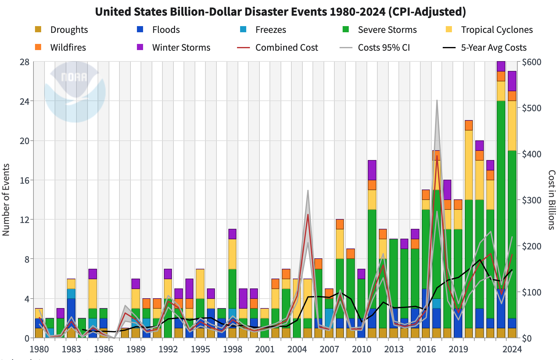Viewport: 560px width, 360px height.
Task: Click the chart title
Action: pyautogui.click(x=280, y=12)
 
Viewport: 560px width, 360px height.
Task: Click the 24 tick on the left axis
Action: pyautogui.click(x=25, y=101)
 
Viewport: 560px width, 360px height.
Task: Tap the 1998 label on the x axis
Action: pyautogui.click(x=232, y=349)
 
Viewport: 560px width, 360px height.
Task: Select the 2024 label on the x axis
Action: pyautogui.click(x=512, y=349)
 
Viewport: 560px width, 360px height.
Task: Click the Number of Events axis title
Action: pyautogui.click(x=6, y=200)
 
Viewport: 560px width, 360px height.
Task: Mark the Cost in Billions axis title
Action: pyautogui.click(x=551, y=200)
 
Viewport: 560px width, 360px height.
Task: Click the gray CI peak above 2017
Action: pyautogui.click(x=437, y=100)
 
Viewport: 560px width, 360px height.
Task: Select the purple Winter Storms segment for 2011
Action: pyautogui.click(x=372, y=170)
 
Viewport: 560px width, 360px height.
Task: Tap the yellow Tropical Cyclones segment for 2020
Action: pyautogui.click(x=469, y=165)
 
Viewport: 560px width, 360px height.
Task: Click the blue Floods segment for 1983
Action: pyautogui.click(x=72, y=313)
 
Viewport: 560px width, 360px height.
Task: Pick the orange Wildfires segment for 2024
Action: pyautogui.click(x=512, y=96)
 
